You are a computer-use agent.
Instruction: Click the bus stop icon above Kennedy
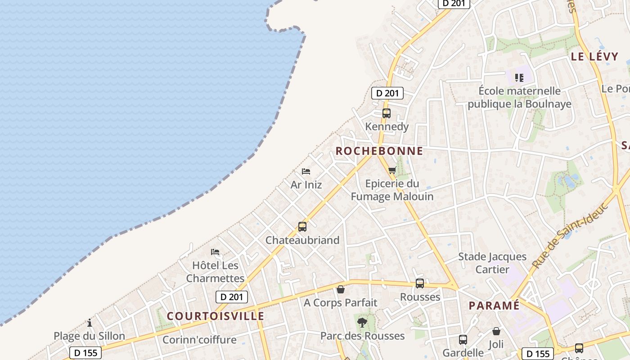pyautogui.click(x=386, y=113)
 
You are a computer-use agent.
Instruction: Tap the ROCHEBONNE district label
pyautogui.click(x=379, y=151)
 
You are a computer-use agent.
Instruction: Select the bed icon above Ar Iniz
pyautogui.click(x=306, y=171)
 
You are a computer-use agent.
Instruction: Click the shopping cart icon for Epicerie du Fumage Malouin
pyautogui.click(x=392, y=171)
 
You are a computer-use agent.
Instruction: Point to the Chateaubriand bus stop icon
pyautogui.click(x=302, y=227)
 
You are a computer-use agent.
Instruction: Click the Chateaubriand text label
pyautogui.click(x=302, y=240)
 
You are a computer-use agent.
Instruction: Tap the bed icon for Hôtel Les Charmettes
pyautogui.click(x=215, y=252)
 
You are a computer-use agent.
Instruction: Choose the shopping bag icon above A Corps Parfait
pyautogui.click(x=341, y=289)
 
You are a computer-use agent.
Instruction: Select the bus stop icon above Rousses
pyautogui.click(x=420, y=283)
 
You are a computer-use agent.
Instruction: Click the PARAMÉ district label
pyautogui.click(x=494, y=306)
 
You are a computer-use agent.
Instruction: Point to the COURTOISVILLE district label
pyautogui.click(x=216, y=316)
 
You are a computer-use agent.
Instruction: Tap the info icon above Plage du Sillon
pyautogui.click(x=90, y=323)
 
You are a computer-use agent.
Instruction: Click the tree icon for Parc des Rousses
pyautogui.click(x=362, y=322)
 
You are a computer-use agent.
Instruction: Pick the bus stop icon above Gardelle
pyautogui.click(x=463, y=340)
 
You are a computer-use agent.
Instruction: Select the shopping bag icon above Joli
pyautogui.click(x=496, y=331)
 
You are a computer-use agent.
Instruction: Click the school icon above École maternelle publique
pyautogui.click(x=519, y=78)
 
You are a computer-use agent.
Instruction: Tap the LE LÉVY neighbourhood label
pyautogui.click(x=594, y=57)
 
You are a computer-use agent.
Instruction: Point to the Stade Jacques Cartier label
pyautogui.click(x=492, y=263)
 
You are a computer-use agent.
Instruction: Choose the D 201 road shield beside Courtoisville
pyautogui.click(x=232, y=297)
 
